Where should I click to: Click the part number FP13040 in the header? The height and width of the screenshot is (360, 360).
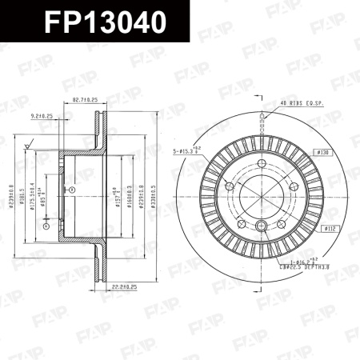point(94,22)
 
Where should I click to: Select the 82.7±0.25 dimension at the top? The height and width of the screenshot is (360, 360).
point(85,100)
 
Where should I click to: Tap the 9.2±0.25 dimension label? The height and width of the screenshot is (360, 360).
point(41,116)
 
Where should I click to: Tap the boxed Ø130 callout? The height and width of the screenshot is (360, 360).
point(322,151)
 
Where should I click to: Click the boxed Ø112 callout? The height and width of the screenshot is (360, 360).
point(328,229)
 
